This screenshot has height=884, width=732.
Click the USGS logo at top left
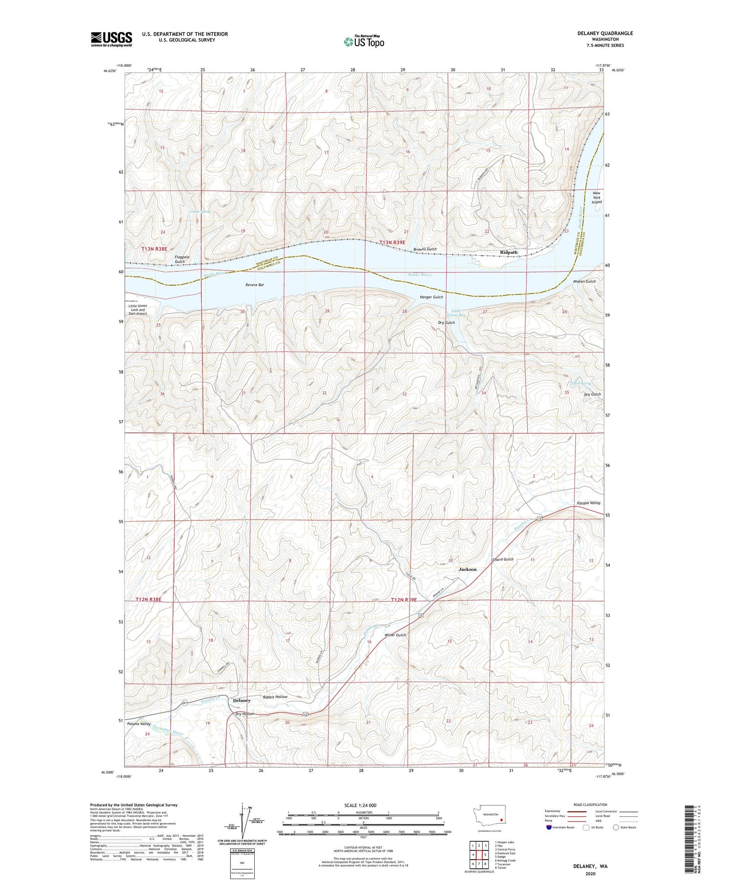pos(111,39)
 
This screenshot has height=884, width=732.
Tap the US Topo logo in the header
pos(363,42)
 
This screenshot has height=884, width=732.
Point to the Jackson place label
pos(468,569)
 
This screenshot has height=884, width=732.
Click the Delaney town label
pos(242,700)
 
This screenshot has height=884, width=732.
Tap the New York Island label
pos(596,197)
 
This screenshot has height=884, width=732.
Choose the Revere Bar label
pos(254,285)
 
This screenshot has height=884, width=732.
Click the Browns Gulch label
pos(425,249)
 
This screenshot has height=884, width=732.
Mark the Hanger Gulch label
pos(431,297)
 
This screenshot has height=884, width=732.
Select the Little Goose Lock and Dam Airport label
pos(138,310)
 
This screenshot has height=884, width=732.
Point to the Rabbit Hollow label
pos(275,697)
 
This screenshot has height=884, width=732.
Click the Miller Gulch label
pos(395,635)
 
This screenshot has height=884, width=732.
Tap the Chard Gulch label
pos(503,559)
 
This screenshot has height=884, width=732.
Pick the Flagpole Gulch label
pos(180,259)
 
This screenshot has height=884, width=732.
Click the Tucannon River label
pos(167,730)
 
